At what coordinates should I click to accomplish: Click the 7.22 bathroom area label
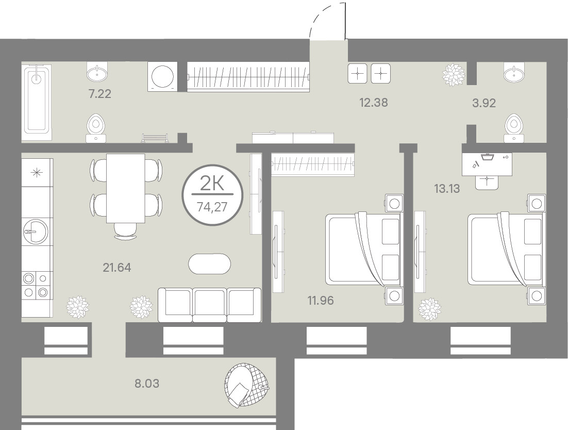[x=99, y=94]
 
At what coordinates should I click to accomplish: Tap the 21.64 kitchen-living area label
[x=116, y=268]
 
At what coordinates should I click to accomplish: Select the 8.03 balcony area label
[x=147, y=383]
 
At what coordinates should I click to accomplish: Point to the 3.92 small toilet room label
[x=484, y=103]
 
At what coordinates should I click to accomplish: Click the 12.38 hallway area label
[x=374, y=103]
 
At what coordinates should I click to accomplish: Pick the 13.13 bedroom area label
[x=447, y=188]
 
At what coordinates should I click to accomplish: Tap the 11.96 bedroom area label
[x=321, y=300]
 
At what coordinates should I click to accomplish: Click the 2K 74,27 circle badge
[x=212, y=195]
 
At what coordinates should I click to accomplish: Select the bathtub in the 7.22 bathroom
[x=36, y=103]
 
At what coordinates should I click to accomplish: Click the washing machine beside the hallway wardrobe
[x=163, y=76]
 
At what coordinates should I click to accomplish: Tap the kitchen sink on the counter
[x=35, y=231]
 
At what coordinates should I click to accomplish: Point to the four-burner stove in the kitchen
[x=35, y=285]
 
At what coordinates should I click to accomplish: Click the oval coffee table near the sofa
[x=209, y=264]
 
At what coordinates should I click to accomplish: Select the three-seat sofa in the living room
[x=209, y=305]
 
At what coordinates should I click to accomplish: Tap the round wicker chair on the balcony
[x=247, y=385]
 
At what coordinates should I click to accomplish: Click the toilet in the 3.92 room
[x=514, y=127]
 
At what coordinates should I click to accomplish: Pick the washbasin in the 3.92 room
[x=514, y=73]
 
